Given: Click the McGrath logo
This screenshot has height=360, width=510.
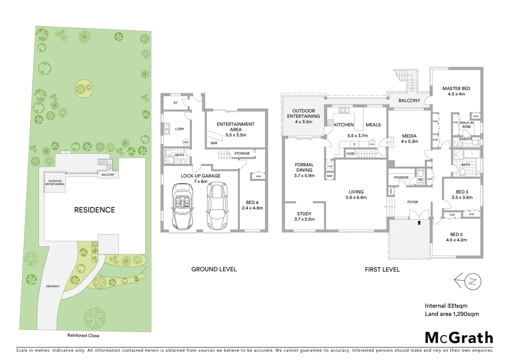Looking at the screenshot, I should (x=459, y=338).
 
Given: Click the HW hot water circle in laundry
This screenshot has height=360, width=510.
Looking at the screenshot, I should (x=186, y=142).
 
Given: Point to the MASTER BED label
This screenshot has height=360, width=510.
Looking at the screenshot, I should (x=456, y=89).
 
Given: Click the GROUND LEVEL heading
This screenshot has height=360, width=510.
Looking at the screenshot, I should (x=214, y=269).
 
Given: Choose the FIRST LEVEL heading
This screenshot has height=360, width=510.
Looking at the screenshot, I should (x=382, y=270).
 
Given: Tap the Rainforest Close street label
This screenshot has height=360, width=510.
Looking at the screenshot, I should (x=83, y=335).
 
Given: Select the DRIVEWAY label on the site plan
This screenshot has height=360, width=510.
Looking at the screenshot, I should (x=53, y=286).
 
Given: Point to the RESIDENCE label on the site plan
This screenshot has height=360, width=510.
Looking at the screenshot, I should (x=94, y=210).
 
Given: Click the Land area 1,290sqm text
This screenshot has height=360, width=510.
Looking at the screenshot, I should (x=452, y=314).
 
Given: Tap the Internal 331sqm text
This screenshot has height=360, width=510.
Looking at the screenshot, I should (x=446, y=306).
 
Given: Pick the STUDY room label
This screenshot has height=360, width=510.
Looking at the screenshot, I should (x=304, y=214).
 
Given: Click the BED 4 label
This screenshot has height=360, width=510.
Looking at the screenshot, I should (x=252, y=203).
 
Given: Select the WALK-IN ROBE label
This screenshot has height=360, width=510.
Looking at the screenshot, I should (x=466, y=125).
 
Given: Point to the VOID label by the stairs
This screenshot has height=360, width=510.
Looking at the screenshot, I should (x=351, y=154).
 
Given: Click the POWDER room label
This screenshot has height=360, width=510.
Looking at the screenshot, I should (x=401, y=177).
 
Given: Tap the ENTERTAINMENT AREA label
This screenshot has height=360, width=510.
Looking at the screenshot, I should (x=235, y=127).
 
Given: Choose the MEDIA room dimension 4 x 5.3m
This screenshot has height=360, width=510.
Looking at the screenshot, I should (x=409, y=141).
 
